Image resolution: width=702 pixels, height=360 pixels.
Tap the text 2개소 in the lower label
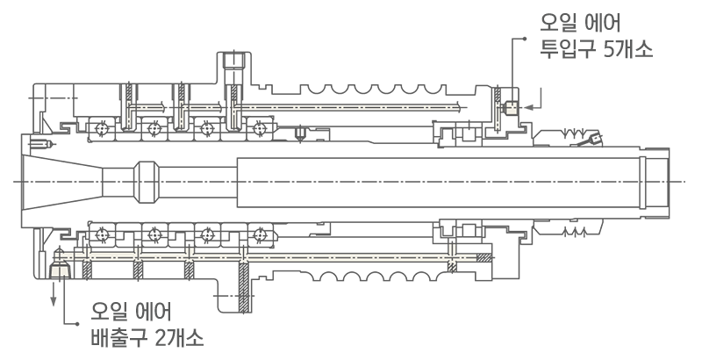point(181,338)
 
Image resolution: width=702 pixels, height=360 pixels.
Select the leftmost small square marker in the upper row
point(103,130)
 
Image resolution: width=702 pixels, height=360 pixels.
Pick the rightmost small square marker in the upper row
point(260,129)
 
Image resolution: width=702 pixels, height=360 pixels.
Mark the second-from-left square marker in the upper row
point(155,130)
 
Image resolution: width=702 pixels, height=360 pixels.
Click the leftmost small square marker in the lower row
point(103,234)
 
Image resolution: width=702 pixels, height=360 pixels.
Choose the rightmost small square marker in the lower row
point(260,234)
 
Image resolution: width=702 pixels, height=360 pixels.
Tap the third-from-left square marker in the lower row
point(207,234)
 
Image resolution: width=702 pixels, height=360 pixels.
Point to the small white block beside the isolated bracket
point(511,108)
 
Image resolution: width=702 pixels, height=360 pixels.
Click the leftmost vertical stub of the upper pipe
point(130,115)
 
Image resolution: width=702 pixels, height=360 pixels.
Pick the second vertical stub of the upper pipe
point(182,115)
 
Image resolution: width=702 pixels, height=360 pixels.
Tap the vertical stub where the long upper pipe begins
point(234,115)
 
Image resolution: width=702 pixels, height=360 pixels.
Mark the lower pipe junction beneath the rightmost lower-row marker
point(243,257)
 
